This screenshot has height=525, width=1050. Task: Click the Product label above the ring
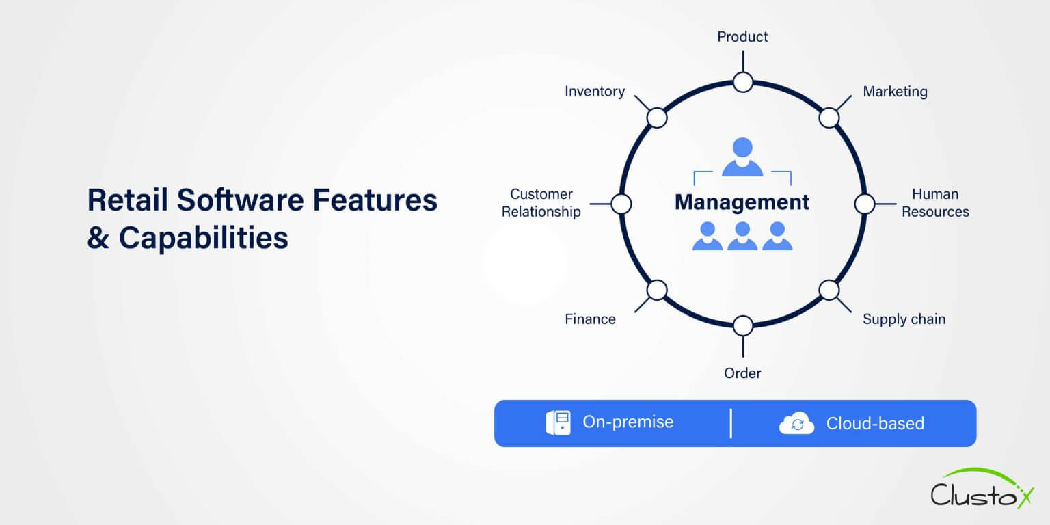pos(742,37)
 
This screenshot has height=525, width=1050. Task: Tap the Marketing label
pos(895,92)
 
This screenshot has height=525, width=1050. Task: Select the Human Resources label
pos(935,203)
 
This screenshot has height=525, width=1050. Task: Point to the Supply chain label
pos(904,319)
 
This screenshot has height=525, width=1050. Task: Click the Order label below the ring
pos(742,373)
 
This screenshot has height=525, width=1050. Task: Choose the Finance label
pos(590,319)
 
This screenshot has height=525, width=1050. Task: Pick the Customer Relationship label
pos(541,203)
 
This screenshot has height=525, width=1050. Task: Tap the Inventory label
pos(595,92)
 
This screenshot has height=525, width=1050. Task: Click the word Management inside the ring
pos(742,202)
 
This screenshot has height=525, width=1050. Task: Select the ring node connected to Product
pos(743,83)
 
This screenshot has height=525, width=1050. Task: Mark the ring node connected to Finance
pos(657,291)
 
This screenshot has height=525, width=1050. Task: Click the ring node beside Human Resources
pos(865,204)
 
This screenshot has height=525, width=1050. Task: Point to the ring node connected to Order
pos(743,326)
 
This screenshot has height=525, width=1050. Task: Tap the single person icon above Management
pos(742,157)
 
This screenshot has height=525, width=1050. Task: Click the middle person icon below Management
pos(742,237)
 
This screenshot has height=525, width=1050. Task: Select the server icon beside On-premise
pos(558,423)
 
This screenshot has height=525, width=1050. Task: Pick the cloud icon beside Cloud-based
pos(796,424)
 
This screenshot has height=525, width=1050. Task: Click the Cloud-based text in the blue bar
pos(875,424)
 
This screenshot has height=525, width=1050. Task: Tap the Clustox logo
pos(982,489)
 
